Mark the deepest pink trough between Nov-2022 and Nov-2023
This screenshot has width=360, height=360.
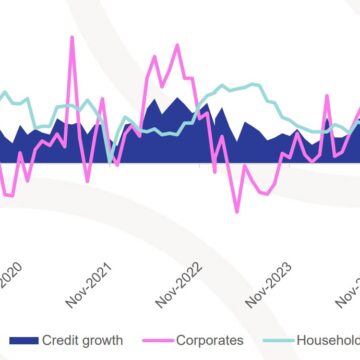237,211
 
